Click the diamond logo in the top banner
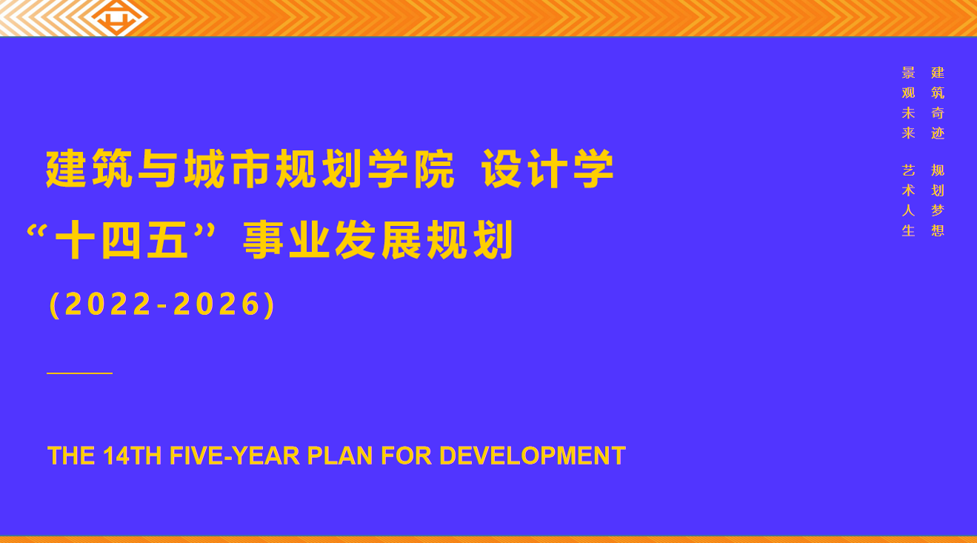tap(117, 18)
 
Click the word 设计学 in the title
tap(547, 169)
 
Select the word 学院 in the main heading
tap(411, 169)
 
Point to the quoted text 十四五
tap(122, 240)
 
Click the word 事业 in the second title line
tap(286, 240)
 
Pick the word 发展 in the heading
tap(378, 240)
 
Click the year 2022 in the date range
tap(107, 304)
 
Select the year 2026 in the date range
tap(217, 304)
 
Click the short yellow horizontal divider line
tap(80, 373)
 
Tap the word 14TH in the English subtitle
tap(132, 456)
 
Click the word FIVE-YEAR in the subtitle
tap(234, 456)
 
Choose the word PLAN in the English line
tap(340, 456)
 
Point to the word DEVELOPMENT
tap(532, 456)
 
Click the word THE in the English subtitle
tap(71, 456)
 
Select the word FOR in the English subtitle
tap(406, 456)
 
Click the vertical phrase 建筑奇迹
tap(937, 103)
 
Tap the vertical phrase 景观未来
tap(908, 103)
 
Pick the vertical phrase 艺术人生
tap(908, 200)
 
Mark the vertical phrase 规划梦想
tap(937, 200)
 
